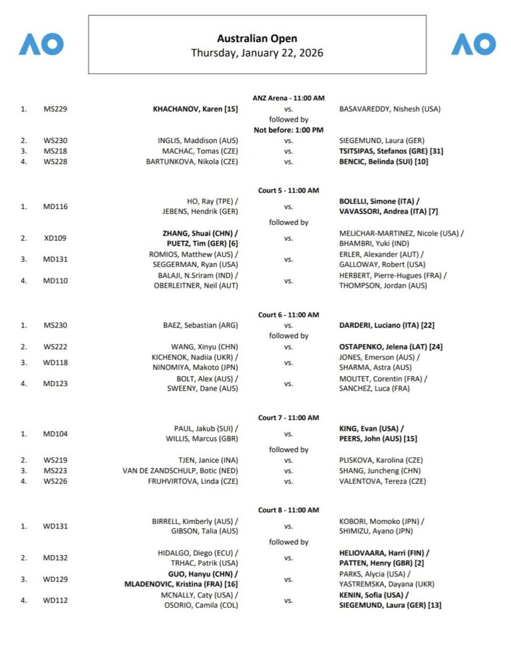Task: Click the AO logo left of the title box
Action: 41,44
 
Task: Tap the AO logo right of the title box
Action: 473,44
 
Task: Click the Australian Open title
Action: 257,39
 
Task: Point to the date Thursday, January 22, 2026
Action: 257,53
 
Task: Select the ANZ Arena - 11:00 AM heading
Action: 288,98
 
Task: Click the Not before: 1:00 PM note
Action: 288,130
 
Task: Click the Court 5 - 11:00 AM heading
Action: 288,190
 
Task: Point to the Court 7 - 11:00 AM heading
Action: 288,418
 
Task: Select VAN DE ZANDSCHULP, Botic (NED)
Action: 180,471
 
